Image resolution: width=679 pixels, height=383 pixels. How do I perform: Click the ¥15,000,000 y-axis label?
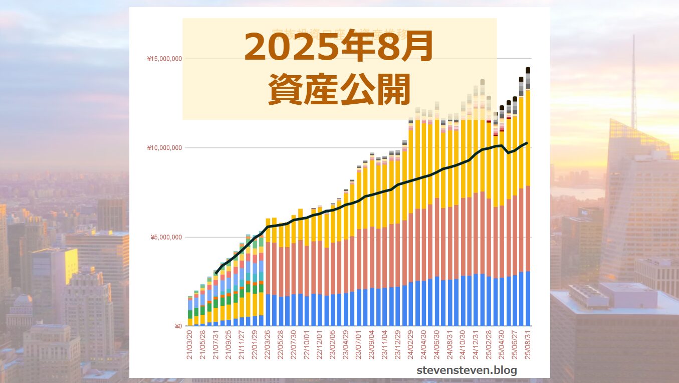164,59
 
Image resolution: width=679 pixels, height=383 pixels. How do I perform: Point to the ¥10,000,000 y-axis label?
164,148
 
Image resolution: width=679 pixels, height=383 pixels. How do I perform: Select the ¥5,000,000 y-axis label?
166,237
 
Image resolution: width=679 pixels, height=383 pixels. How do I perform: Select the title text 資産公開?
339,89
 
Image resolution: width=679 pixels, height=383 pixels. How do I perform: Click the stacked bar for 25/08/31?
528,201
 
